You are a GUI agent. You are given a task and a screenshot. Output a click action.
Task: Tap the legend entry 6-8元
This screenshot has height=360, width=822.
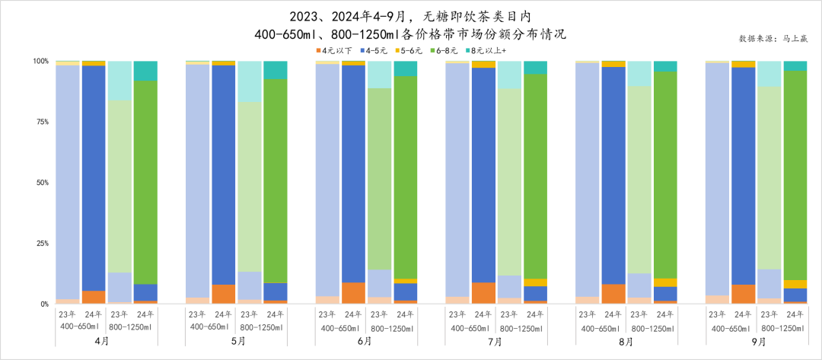click(444, 50)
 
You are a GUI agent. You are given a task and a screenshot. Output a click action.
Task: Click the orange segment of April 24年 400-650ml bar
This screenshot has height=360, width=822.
click(94, 297)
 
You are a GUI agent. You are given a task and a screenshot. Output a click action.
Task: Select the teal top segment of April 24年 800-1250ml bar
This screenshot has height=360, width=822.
click(145, 70)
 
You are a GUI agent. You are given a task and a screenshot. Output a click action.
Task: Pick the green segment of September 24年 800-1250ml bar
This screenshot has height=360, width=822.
click(795, 175)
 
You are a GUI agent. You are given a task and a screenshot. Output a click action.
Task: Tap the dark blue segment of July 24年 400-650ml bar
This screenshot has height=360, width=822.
click(483, 175)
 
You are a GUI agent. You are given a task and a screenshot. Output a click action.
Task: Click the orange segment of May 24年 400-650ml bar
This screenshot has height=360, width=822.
click(224, 294)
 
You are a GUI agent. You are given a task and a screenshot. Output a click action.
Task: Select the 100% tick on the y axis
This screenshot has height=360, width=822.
click(40, 61)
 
